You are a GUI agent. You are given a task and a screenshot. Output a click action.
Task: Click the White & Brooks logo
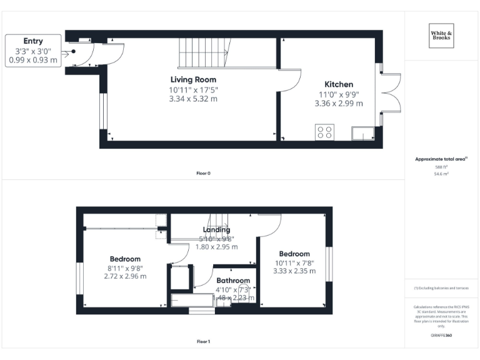point(442,36)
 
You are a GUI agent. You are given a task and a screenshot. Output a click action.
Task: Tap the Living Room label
point(193,79)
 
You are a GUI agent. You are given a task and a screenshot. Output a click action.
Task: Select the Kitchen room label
point(339,84)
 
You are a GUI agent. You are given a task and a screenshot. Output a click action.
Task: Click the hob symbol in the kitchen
point(325,132)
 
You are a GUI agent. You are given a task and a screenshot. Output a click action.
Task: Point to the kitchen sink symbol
point(362,135)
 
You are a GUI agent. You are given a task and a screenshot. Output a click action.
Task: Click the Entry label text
point(33,41)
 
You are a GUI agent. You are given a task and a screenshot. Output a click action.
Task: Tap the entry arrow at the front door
point(66,54)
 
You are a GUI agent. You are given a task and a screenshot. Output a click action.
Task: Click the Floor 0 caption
point(203,173)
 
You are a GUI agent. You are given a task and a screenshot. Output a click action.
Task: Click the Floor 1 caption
point(203,341)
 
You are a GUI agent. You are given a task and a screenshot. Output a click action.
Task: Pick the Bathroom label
point(233,281)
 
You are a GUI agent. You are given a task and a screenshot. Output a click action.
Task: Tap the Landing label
point(216,229)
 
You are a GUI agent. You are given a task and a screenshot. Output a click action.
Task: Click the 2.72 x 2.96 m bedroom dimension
point(125,276)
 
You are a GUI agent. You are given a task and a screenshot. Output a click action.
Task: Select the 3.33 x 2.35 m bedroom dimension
point(294,271)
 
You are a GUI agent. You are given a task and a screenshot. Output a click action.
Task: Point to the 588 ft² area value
point(441,167)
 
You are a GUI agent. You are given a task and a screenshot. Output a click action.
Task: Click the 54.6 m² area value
point(441,174)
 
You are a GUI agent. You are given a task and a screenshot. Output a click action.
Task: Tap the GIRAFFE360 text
point(441,336)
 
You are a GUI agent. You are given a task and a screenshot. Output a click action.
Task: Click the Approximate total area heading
point(441,159)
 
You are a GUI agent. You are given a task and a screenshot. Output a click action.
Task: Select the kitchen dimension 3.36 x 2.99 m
point(339,103)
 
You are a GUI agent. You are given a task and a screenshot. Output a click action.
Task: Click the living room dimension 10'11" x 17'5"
point(193,89)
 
